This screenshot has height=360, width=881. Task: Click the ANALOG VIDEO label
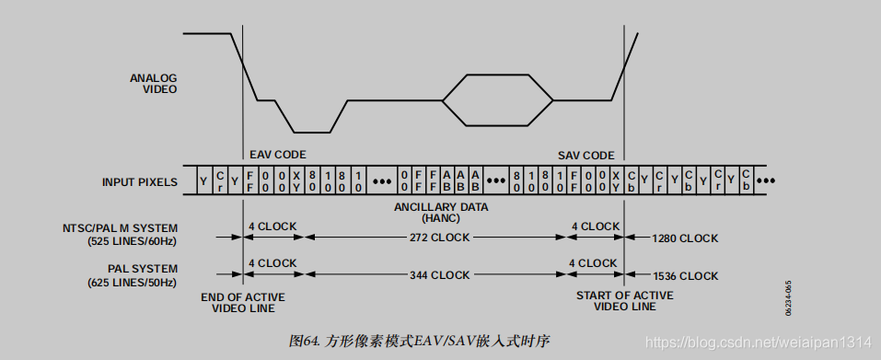pos(153,84)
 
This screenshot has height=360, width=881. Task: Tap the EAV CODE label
pos(277,155)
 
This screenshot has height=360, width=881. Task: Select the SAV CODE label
pos(586,155)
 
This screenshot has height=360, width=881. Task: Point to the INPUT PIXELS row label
pos(139,182)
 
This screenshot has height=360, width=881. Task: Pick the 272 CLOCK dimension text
pos(437,238)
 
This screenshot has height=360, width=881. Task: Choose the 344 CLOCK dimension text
pos(437,275)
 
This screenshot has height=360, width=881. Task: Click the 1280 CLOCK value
pos(684,238)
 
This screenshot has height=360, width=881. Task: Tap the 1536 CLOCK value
pos(684,275)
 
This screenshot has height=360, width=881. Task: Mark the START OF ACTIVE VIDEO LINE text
pos(624,300)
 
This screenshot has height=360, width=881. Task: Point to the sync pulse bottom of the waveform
pos(312,132)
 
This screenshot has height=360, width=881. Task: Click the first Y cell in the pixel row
pos(203,181)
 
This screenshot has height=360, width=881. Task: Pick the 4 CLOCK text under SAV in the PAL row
pos(595,263)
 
